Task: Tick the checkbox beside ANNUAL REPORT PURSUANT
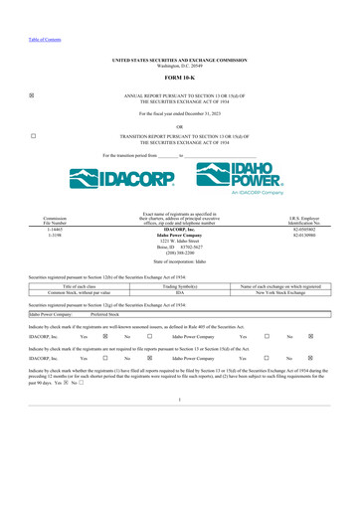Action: click(34, 95)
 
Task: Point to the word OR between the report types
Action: click(180, 126)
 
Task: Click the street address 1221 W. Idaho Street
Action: click(180, 241)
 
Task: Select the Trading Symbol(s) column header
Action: click(180, 286)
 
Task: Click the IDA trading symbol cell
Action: click(180, 293)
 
